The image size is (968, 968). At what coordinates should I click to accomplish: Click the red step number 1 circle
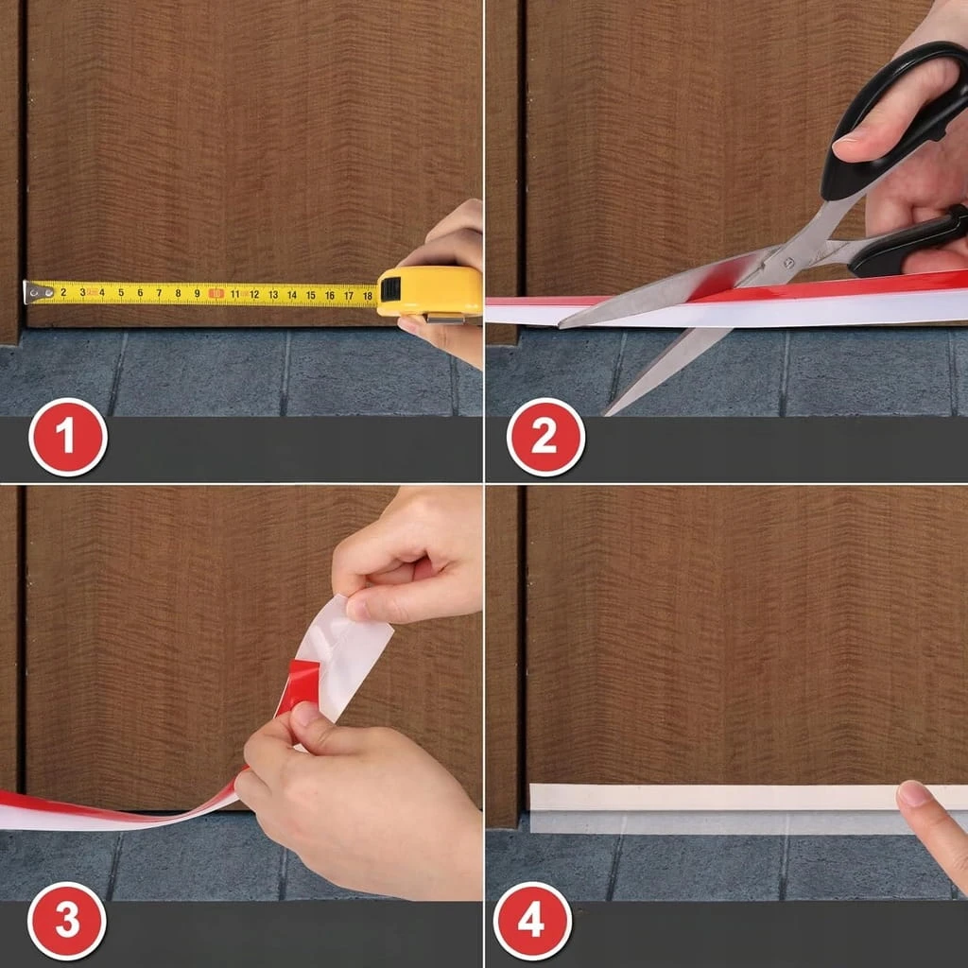[x=68, y=437]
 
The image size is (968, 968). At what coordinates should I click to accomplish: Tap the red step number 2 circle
[x=545, y=437]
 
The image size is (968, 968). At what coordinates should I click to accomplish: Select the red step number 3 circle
[x=67, y=921]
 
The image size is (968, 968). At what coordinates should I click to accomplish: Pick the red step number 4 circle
[x=532, y=921]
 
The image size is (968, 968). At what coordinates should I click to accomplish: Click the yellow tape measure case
[x=430, y=291]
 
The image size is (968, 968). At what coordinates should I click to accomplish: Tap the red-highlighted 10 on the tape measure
[x=216, y=294]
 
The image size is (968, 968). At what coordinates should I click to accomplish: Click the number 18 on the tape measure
[x=368, y=296]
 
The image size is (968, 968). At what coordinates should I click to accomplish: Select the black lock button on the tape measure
[x=390, y=289]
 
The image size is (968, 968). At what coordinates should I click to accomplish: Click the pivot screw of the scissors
[x=788, y=263]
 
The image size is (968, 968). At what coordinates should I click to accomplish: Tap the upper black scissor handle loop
[x=889, y=117]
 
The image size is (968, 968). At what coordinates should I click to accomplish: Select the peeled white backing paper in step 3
[x=342, y=654]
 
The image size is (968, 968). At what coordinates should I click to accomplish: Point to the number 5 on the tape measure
[x=121, y=293]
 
